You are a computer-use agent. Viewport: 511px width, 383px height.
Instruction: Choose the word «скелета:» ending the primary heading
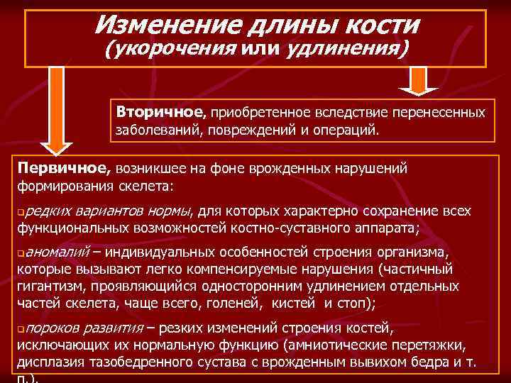(x=148, y=187)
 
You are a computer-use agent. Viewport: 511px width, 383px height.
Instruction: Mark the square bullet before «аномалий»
(x=21, y=254)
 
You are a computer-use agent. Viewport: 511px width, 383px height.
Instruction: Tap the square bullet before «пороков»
(x=21, y=330)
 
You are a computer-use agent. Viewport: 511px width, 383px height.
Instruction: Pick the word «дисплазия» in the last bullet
(x=46, y=362)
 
